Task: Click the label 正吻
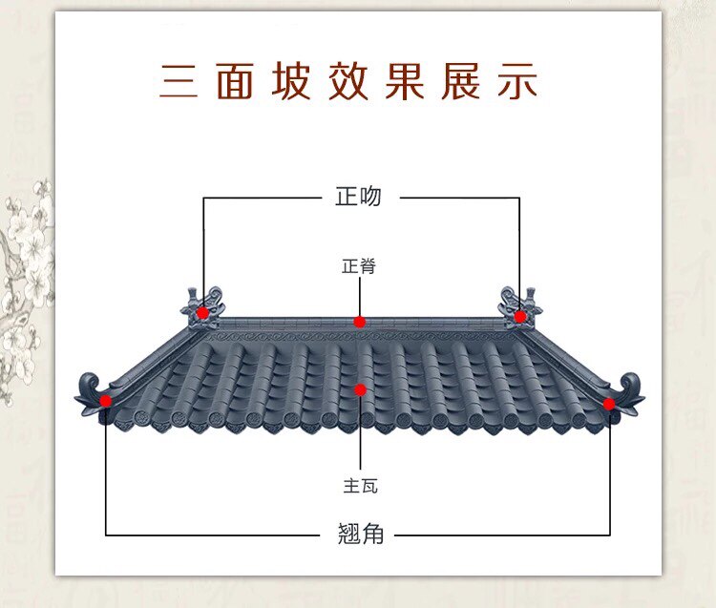[358, 197]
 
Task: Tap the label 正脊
[359, 266]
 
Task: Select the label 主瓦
[360, 485]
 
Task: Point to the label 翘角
[360, 534]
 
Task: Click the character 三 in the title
[179, 82]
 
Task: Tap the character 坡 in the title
[292, 82]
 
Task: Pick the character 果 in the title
[404, 82]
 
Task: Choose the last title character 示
[516, 82]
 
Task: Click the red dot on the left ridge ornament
[202, 313]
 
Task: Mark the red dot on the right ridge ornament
[520, 316]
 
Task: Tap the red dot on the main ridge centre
[359, 322]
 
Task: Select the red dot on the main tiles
[360, 389]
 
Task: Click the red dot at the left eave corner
[106, 401]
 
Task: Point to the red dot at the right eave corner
[609, 404]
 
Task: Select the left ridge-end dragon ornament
[203, 304]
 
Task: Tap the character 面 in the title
[235, 82]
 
